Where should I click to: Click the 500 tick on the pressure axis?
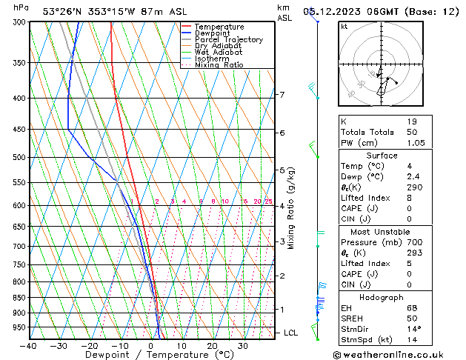point(19,158)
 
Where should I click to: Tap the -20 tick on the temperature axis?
point(90,346)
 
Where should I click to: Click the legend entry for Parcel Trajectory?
point(228,39)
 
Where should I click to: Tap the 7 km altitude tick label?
point(282,95)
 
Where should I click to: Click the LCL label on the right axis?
point(291,333)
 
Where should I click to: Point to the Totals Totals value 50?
point(412,132)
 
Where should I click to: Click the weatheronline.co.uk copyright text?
point(393,354)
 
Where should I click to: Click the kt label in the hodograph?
point(344,26)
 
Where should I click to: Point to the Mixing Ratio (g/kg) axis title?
point(290,208)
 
